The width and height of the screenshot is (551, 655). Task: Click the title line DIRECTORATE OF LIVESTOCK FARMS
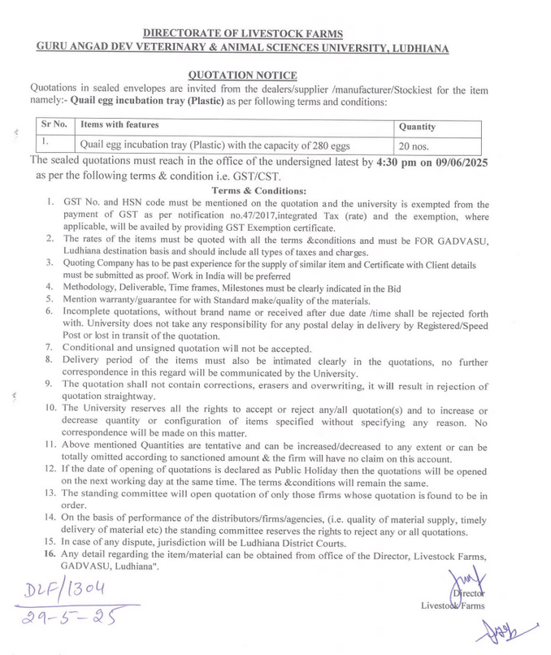(x=243, y=33)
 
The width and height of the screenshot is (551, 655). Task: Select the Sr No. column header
(x=54, y=124)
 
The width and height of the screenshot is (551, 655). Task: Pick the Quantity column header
(x=417, y=127)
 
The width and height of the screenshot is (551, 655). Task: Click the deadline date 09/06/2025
(x=457, y=162)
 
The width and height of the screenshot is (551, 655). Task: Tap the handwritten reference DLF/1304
(x=66, y=588)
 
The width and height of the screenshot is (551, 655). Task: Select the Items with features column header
(x=119, y=124)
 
